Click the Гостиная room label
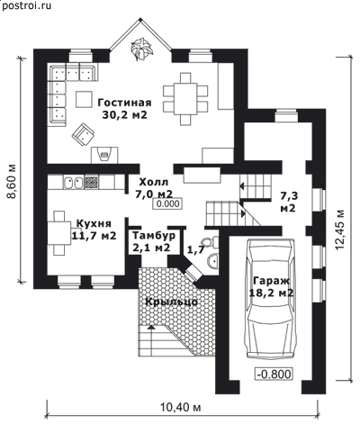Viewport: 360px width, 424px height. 124,103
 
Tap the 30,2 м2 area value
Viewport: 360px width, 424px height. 124,115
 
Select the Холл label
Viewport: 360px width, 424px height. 154,182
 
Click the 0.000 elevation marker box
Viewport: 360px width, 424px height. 167,203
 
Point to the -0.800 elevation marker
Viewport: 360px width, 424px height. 274,374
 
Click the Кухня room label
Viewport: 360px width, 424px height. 94,223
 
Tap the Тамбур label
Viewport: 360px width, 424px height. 154,236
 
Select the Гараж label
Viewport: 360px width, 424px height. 272,281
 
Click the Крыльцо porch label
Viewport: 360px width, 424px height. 172,302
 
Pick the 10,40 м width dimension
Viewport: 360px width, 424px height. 181,408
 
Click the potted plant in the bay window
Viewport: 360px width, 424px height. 140,47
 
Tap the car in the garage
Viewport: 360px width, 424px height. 271,298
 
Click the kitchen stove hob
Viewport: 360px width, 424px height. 91,183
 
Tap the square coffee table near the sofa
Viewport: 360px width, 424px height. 84,99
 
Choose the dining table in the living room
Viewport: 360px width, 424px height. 185,99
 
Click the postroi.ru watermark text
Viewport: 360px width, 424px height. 26,5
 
